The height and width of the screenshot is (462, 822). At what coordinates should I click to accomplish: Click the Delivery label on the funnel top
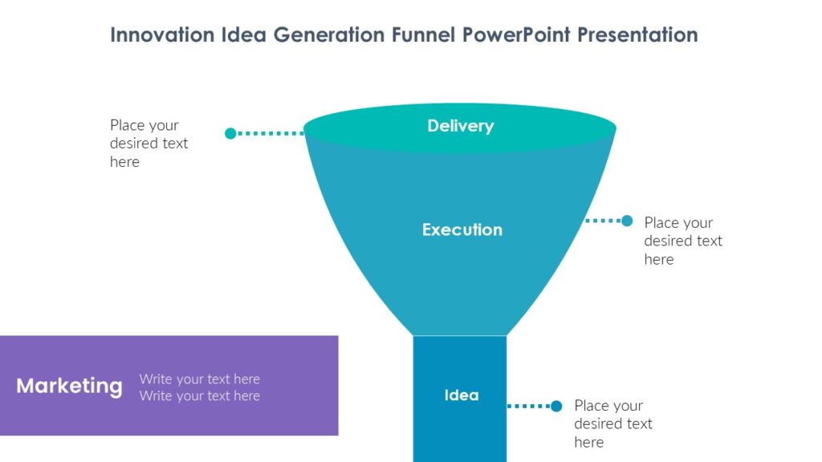point(460,126)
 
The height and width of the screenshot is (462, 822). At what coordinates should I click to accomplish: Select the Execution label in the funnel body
point(462,229)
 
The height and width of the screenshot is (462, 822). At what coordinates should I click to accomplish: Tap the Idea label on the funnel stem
point(461,395)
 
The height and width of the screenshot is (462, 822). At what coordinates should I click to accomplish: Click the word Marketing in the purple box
point(69,386)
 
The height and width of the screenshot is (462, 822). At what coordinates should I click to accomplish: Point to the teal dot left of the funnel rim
point(230,133)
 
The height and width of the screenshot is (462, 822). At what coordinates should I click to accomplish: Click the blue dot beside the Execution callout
point(627,221)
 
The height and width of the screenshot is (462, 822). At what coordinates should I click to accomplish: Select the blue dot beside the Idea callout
point(556,406)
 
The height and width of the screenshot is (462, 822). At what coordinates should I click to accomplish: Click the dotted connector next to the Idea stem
point(529,406)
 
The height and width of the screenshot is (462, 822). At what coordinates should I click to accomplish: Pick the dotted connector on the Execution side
point(604,221)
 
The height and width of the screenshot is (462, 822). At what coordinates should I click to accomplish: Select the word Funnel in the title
point(426,35)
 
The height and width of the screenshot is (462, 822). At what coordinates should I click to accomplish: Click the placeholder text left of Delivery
point(149,144)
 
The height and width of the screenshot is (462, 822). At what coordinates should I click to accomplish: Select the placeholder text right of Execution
point(683,241)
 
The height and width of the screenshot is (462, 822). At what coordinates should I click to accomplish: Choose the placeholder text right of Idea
point(613,423)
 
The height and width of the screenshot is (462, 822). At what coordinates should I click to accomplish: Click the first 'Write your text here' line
point(199,379)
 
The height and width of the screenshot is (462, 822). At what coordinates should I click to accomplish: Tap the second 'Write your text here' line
point(199,395)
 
